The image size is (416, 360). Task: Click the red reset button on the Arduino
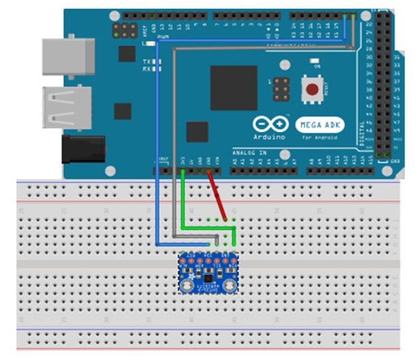pyautogui.click(x=312, y=89)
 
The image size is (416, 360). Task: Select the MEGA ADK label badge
pyautogui.click(x=320, y=125)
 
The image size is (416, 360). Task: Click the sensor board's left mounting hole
pyautogui.click(x=186, y=285)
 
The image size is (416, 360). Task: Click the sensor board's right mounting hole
pyautogui.click(x=231, y=285)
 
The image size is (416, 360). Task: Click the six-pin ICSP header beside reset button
pyautogui.click(x=282, y=89)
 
